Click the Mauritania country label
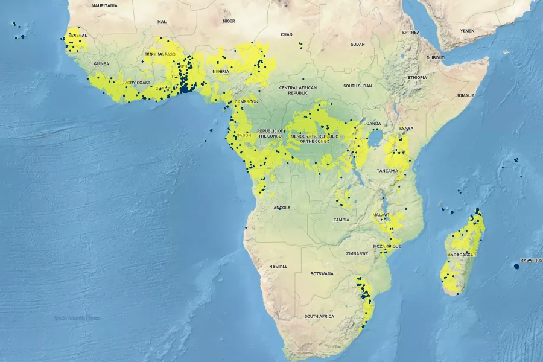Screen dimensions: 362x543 104,5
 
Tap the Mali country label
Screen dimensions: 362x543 162,22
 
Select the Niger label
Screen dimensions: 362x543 229,21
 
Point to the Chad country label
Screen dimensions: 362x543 286,34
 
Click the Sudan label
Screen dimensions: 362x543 358,44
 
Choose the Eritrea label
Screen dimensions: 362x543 410,33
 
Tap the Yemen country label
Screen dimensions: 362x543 468,30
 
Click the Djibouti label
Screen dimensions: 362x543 436,57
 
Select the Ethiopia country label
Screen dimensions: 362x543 417,77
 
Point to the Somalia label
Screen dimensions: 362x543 465,95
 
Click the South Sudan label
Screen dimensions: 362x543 357,86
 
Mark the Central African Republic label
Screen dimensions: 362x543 298,91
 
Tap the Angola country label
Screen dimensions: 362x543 282,208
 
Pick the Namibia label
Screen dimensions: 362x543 278,267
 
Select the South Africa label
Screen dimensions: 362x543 319,316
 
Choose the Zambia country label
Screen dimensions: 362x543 341,220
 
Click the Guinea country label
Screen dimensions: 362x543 101,63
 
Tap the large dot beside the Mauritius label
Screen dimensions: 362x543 517,265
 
